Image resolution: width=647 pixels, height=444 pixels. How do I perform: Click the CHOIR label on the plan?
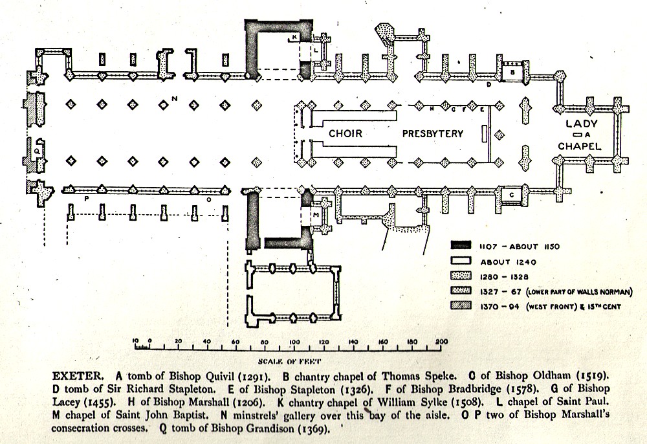(345, 134)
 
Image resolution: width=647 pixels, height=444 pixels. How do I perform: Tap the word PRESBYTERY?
(433, 134)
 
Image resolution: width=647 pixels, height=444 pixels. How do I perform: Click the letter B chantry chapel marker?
(512, 73)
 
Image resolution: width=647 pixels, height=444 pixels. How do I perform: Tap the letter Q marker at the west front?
(37, 150)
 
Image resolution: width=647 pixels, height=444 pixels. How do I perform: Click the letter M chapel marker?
(315, 214)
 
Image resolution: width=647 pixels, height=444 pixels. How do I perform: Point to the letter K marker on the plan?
(294, 38)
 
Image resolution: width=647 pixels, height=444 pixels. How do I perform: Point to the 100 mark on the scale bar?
(294, 341)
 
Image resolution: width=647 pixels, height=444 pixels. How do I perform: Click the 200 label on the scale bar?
(441, 341)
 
